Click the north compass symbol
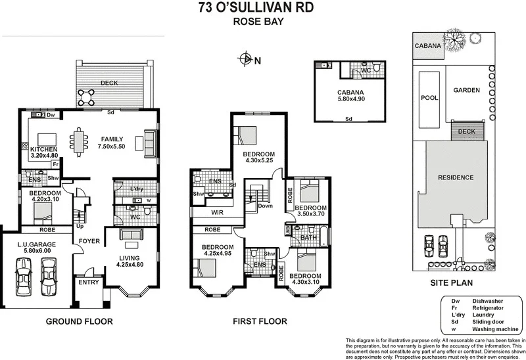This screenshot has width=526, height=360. (246, 60)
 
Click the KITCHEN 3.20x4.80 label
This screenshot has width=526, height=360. (44, 153)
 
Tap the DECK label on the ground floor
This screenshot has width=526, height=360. (109, 82)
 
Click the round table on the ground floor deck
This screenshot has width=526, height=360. (85, 97)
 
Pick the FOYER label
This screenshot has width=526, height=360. (89, 241)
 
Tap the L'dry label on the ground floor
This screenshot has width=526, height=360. (137, 189)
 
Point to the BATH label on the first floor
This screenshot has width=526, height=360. (308, 238)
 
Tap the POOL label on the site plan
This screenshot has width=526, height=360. (429, 97)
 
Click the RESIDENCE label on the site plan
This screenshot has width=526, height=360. (455, 177)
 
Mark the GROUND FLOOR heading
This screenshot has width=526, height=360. (79, 322)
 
